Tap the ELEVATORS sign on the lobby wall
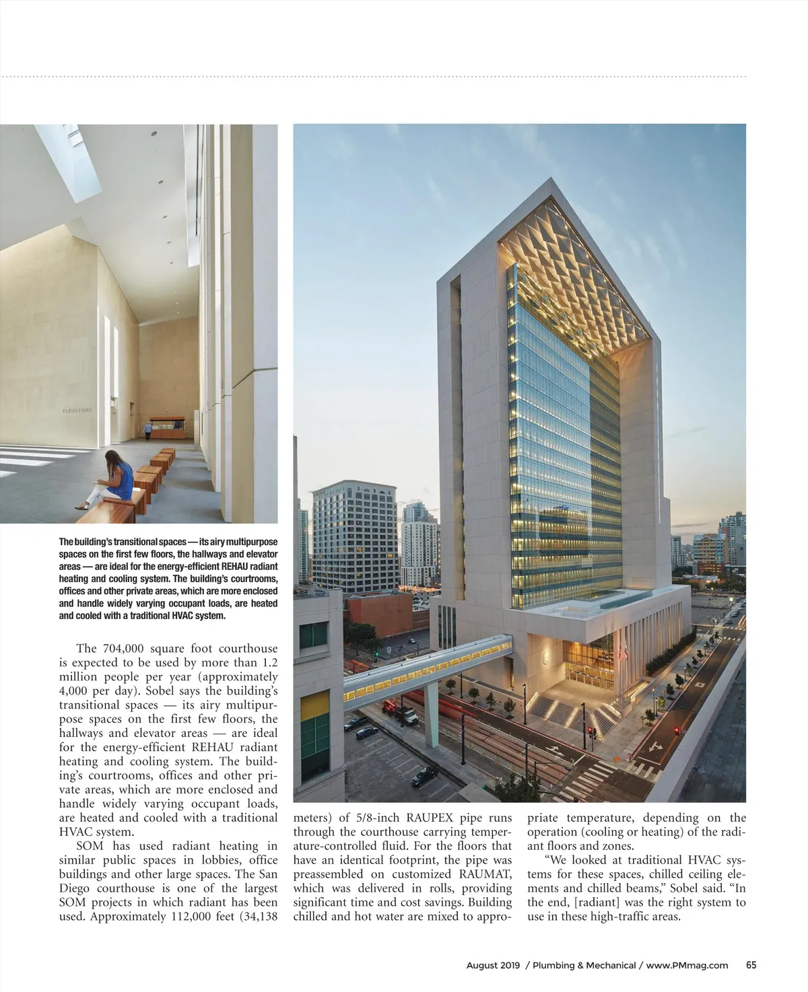tap(77, 410)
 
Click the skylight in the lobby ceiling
tap(67, 158)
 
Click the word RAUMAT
tap(485, 874)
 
